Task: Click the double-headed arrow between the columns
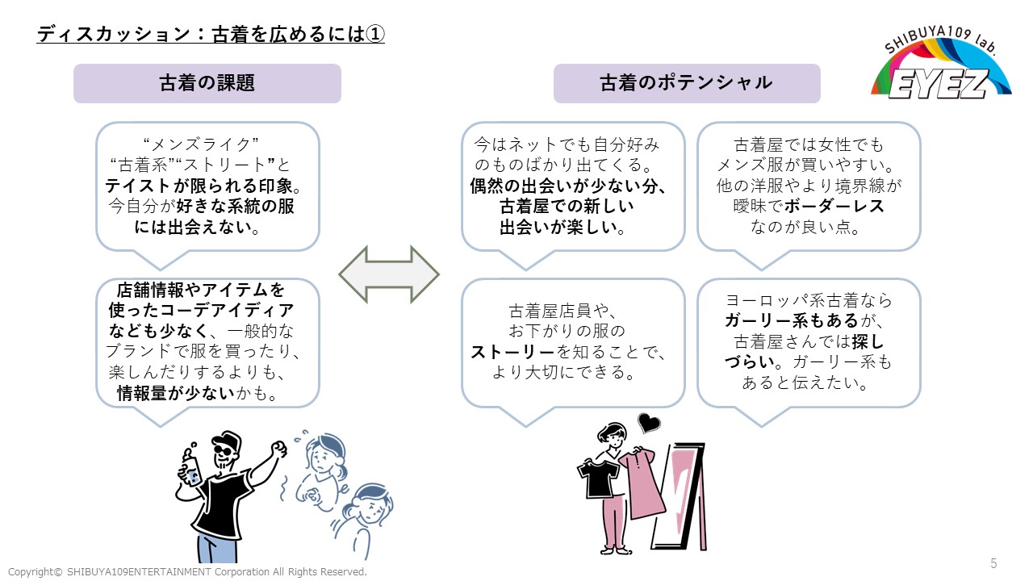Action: (388, 275)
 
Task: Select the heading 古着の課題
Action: (207, 83)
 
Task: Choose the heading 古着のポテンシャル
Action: (686, 83)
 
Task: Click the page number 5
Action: (993, 562)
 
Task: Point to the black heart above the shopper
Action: (648, 421)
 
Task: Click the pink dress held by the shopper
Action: (642, 484)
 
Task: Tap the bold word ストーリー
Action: (513, 352)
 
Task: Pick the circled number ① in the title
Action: (375, 35)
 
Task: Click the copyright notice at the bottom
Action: (187, 571)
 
